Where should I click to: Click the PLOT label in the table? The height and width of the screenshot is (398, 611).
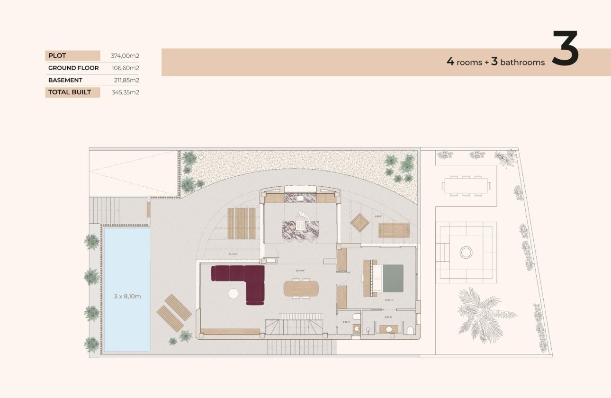[x=57, y=55]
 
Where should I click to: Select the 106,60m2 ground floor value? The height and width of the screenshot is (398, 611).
[x=125, y=68]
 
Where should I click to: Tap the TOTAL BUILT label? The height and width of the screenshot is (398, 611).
[x=70, y=92]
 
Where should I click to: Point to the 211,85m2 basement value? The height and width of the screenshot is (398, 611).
[x=125, y=80]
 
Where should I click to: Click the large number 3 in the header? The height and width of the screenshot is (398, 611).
[x=565, y=48]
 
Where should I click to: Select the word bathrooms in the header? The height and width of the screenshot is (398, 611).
[x=522, y=63]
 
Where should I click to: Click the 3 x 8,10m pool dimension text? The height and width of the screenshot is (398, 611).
[x=127, y=296]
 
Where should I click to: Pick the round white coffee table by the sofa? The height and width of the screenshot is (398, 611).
[x=234, y=294]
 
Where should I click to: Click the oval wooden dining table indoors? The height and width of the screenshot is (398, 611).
[x=301, y=288]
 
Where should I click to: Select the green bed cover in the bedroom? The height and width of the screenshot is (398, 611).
[x=393, y=279]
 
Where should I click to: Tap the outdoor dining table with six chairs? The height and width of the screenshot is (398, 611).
[x=466, y=185]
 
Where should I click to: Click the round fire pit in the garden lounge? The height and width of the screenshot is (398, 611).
[x=466, y=253]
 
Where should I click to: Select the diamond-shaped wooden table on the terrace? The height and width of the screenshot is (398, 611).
[x=360, y=223]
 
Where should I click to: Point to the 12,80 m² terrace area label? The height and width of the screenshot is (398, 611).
[x=377, y=216]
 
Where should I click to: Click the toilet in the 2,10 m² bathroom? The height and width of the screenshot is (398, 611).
[x=356, y=317]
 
